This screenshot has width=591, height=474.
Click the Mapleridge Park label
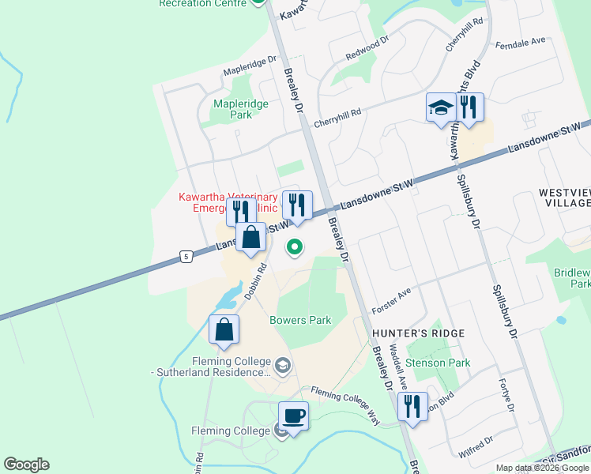coord(241,109)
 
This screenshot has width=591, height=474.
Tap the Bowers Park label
coord(300,320)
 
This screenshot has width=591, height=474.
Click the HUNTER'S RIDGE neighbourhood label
coord(418,333)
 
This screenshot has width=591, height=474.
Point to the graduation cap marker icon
coord(440,108)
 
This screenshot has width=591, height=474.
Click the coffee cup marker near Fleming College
coord(294,416)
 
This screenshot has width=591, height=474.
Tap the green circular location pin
coord(295,248)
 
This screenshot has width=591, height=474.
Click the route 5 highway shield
coord(185,256)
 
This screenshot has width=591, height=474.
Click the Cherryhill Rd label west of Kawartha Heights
coord(337,117)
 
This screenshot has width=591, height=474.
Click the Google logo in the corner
coord(26,465)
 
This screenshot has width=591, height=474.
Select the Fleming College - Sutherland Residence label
coord(213,367)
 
